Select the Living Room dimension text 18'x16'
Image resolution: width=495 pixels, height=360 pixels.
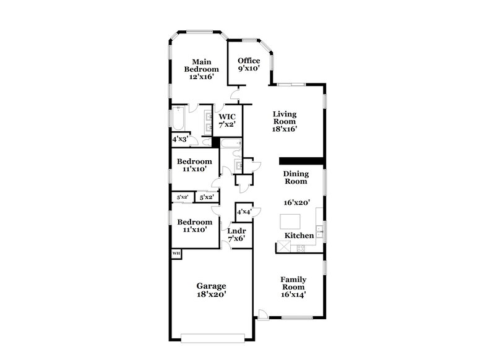click(x=285, y=129)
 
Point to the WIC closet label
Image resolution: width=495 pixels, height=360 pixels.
click(x=227, y=116)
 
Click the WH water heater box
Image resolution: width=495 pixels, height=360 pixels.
click(x=176, y=254)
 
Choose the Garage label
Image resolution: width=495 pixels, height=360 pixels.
click(x=211, y=286)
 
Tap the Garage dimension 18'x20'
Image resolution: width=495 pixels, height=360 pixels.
click(x=211, y=295)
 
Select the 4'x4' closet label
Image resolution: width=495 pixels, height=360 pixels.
click(x=243, y=212)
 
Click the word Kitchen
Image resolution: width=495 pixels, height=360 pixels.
click(x=299, y=236)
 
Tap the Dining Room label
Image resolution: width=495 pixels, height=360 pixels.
click(x=296, y=178)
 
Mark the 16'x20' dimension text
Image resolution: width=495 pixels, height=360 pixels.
click(x=296, y=202)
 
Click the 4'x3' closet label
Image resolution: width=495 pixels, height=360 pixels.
click(x=180, y=139)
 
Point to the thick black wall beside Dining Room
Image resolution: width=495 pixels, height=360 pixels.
click(x=303, y=161)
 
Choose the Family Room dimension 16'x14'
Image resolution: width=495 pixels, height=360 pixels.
click(x=294, y=295)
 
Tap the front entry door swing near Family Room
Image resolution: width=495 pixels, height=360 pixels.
click(x=263, y=314)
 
